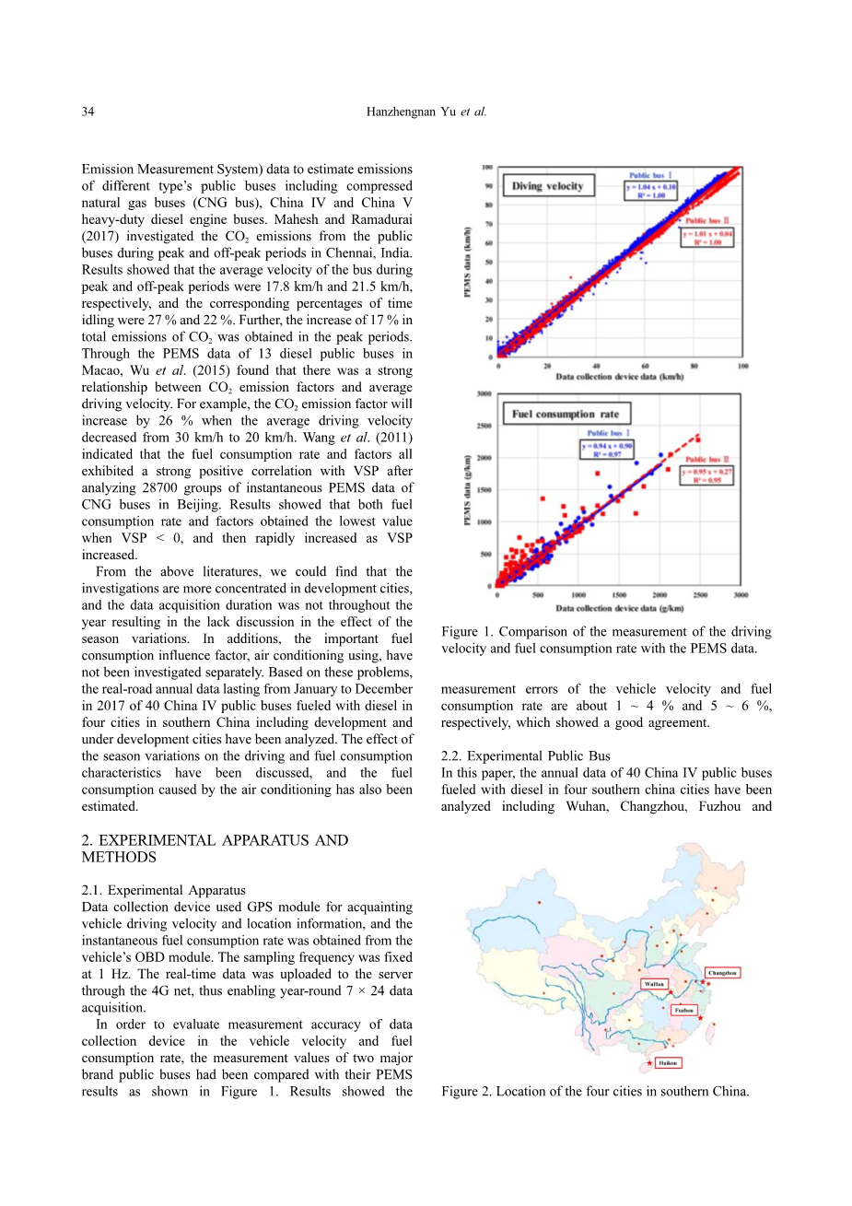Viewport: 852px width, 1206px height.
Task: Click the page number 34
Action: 88,112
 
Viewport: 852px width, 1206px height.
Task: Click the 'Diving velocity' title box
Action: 548,186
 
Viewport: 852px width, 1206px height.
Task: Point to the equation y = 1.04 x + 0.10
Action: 652,187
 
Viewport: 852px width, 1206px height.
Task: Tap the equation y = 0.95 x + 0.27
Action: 706,472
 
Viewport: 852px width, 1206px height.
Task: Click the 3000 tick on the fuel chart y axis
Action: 483,394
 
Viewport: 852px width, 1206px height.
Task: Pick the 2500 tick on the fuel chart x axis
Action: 700,595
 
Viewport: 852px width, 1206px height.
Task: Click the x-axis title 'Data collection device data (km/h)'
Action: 619,377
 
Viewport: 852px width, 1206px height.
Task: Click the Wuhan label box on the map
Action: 654,984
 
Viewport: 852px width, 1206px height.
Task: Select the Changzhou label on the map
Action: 722,973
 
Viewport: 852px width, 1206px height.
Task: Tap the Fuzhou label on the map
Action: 683,1010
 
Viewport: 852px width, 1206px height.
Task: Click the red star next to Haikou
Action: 649,1063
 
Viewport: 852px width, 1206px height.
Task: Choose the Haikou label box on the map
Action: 668,1063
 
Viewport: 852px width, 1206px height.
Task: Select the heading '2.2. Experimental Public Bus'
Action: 525,756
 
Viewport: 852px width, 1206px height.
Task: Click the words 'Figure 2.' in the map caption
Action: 466,1092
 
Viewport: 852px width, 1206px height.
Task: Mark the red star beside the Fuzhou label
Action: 701,1018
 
